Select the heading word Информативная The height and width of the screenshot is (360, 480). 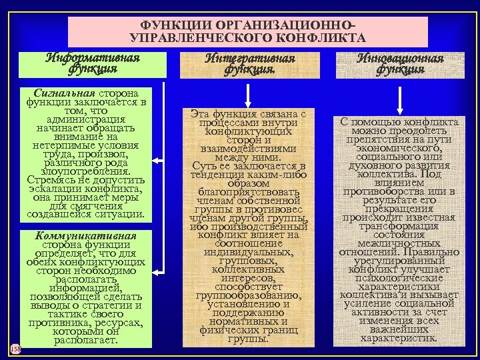pyautogui.click(x=93, y=57)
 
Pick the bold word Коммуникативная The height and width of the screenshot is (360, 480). pyautogui.click(x=87, y=235)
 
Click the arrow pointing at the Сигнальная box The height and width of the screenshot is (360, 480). pyautogui.click(x=162, y=160)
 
